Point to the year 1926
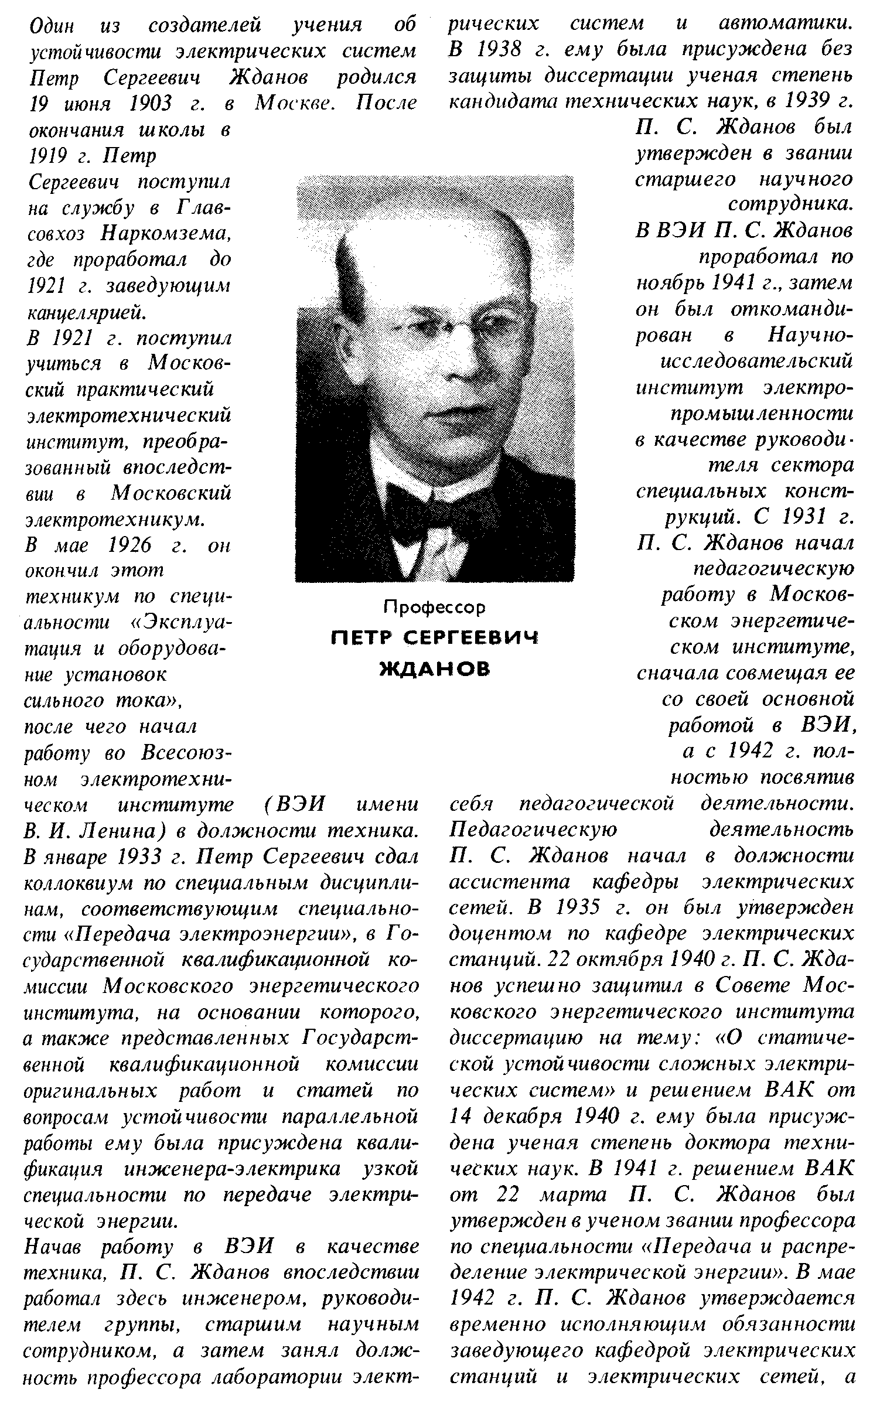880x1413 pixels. click(x=130, y=545)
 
